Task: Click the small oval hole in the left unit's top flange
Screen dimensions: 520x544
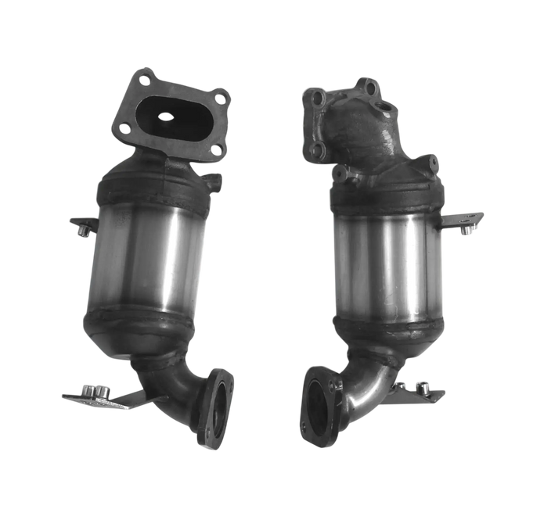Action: pyautogui.click(x=166, y=117)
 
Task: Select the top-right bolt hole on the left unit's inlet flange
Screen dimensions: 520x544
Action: pyautogui.click(x=222, y=99)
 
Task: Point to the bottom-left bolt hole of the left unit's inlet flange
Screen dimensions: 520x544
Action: pyautogui.click(x=123, y=125)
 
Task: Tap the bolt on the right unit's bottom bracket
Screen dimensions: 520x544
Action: pyautogui.click(x=422, y=386)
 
